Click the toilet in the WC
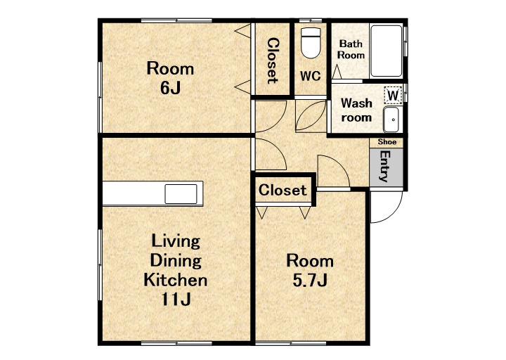coord(311,43)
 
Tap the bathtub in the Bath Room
coord(387,51)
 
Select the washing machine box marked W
coord(393,95)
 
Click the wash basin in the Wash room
coord(391,120)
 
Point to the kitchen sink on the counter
coord(181,194)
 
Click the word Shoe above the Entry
coord(387,142)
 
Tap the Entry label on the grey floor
coord(384,166)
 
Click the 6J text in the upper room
coord(170,87)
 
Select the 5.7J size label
coord(310,280)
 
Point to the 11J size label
coord(176,299)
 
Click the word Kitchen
coord(176,280)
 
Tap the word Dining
coord(176,260)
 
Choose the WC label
coord(310,76)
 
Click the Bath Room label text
coord(351,49)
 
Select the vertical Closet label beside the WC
coord(273,60)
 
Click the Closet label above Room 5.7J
coord(283,190)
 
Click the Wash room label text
coord(356,110)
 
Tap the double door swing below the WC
coord(311,115)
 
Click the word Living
coord(176,241)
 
